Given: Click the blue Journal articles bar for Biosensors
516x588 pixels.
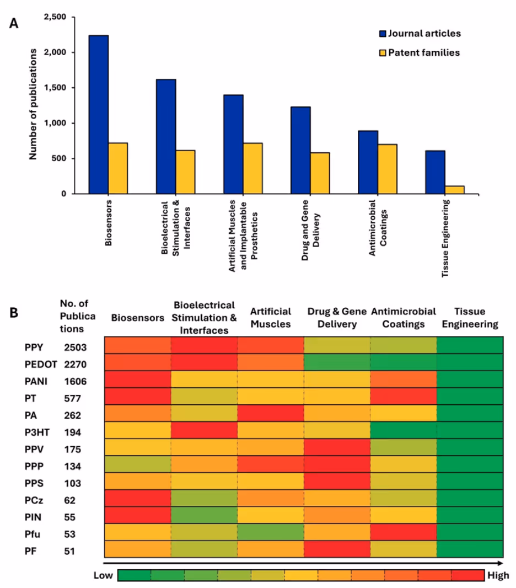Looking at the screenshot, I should point(98,114).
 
